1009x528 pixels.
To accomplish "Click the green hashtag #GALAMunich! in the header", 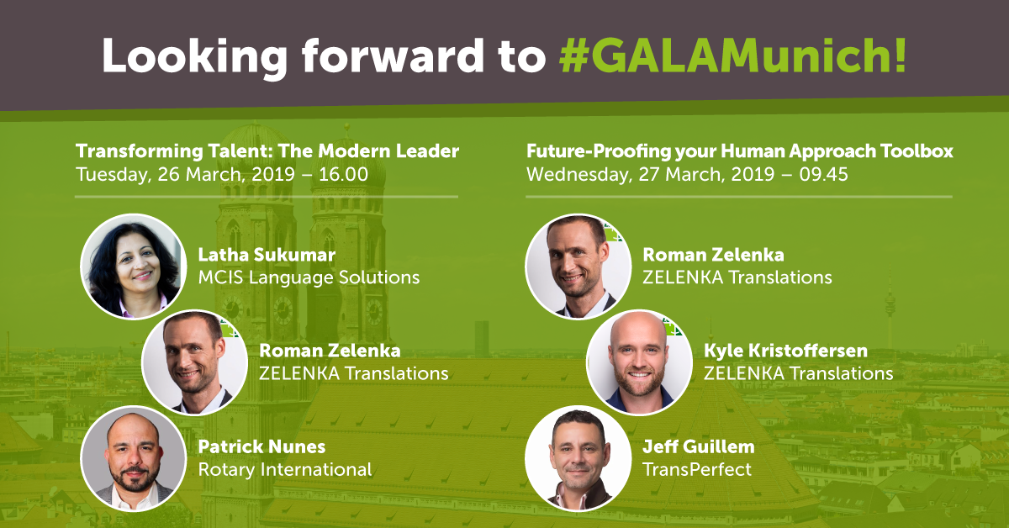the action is pyautogui.click(x=732, y=55).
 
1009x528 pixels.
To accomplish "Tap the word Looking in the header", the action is pyautogui.click(x=194, y=58).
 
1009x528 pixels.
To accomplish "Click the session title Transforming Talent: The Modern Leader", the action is pyautogui.click(x=267, y=151).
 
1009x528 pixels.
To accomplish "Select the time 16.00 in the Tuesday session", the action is pyautogui.click(x=343, y=174).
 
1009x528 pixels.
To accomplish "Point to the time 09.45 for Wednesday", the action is pyautogui.click(x=823, y=174).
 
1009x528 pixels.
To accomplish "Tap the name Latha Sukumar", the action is pyautogui.click(x=267, y=255).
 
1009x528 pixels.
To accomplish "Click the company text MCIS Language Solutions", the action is pyautogui.click(x=309, y=278).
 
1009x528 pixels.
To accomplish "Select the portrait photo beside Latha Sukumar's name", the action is pyautogui.click(x=134, y=267).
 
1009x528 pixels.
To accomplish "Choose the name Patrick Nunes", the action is pyautogui.click(x=261, y=447).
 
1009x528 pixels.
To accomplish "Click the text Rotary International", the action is pyautogui.click(x=285, y=470).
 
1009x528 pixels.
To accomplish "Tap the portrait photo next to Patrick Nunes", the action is pyautogui.click(x=134, y=458).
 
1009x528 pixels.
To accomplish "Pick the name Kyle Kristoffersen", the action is pyautogui.click(x=785, y=351).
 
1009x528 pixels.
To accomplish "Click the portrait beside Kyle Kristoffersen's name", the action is pyautogui.click(x=639, y=362).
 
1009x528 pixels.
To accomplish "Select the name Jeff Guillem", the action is pyautogui.click(x=699, y=447).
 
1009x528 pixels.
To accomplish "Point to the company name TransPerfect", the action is pyautogui.click(x=697, y=470).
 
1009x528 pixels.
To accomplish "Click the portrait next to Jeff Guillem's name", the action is pyautogui.click(x=578, y=458).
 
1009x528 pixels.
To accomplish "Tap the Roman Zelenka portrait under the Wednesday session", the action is pyautogui.click(x=578, y=267).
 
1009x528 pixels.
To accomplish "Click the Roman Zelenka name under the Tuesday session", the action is pyautogui.click(x=330, y=351).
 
